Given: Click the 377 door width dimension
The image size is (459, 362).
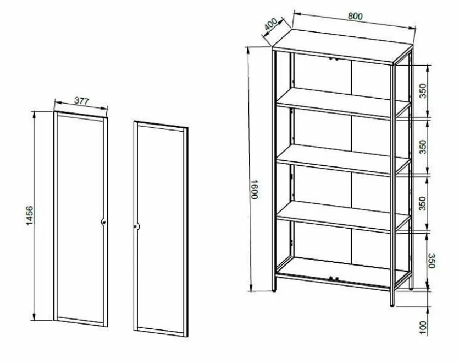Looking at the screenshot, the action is tap(81, 101).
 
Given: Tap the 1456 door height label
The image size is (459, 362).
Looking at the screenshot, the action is tap(30, 215).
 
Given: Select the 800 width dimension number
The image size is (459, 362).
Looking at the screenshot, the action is tap(355, 16).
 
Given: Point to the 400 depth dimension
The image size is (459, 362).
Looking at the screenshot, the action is tap(270, 24).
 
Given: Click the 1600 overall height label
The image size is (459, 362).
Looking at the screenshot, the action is tap(255, 189).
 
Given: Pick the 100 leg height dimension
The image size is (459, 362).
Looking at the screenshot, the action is tap(423, 327).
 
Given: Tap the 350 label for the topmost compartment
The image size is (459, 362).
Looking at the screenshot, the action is tap(423, 91).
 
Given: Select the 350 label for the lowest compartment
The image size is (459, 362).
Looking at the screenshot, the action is tap(431, 261).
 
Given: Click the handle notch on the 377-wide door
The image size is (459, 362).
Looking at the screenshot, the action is tap(103, 223).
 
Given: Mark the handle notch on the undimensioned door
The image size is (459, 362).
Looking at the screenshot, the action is tap(136, 226).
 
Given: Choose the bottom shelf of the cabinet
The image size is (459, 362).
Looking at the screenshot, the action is tap(342, 273).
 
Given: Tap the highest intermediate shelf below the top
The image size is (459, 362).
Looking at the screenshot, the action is tap(343, 102).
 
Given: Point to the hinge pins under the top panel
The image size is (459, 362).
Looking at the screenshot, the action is tap(333, 59).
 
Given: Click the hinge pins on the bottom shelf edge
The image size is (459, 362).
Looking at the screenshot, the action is tap(334, 278).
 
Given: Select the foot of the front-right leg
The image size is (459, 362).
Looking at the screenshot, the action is tap(392, 305).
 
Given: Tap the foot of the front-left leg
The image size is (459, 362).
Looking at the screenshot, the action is tap(274, 290).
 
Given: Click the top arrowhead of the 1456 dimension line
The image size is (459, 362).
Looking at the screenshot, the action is tap(34, 115).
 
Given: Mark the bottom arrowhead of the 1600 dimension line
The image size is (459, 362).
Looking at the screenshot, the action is tap(251, 288).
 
